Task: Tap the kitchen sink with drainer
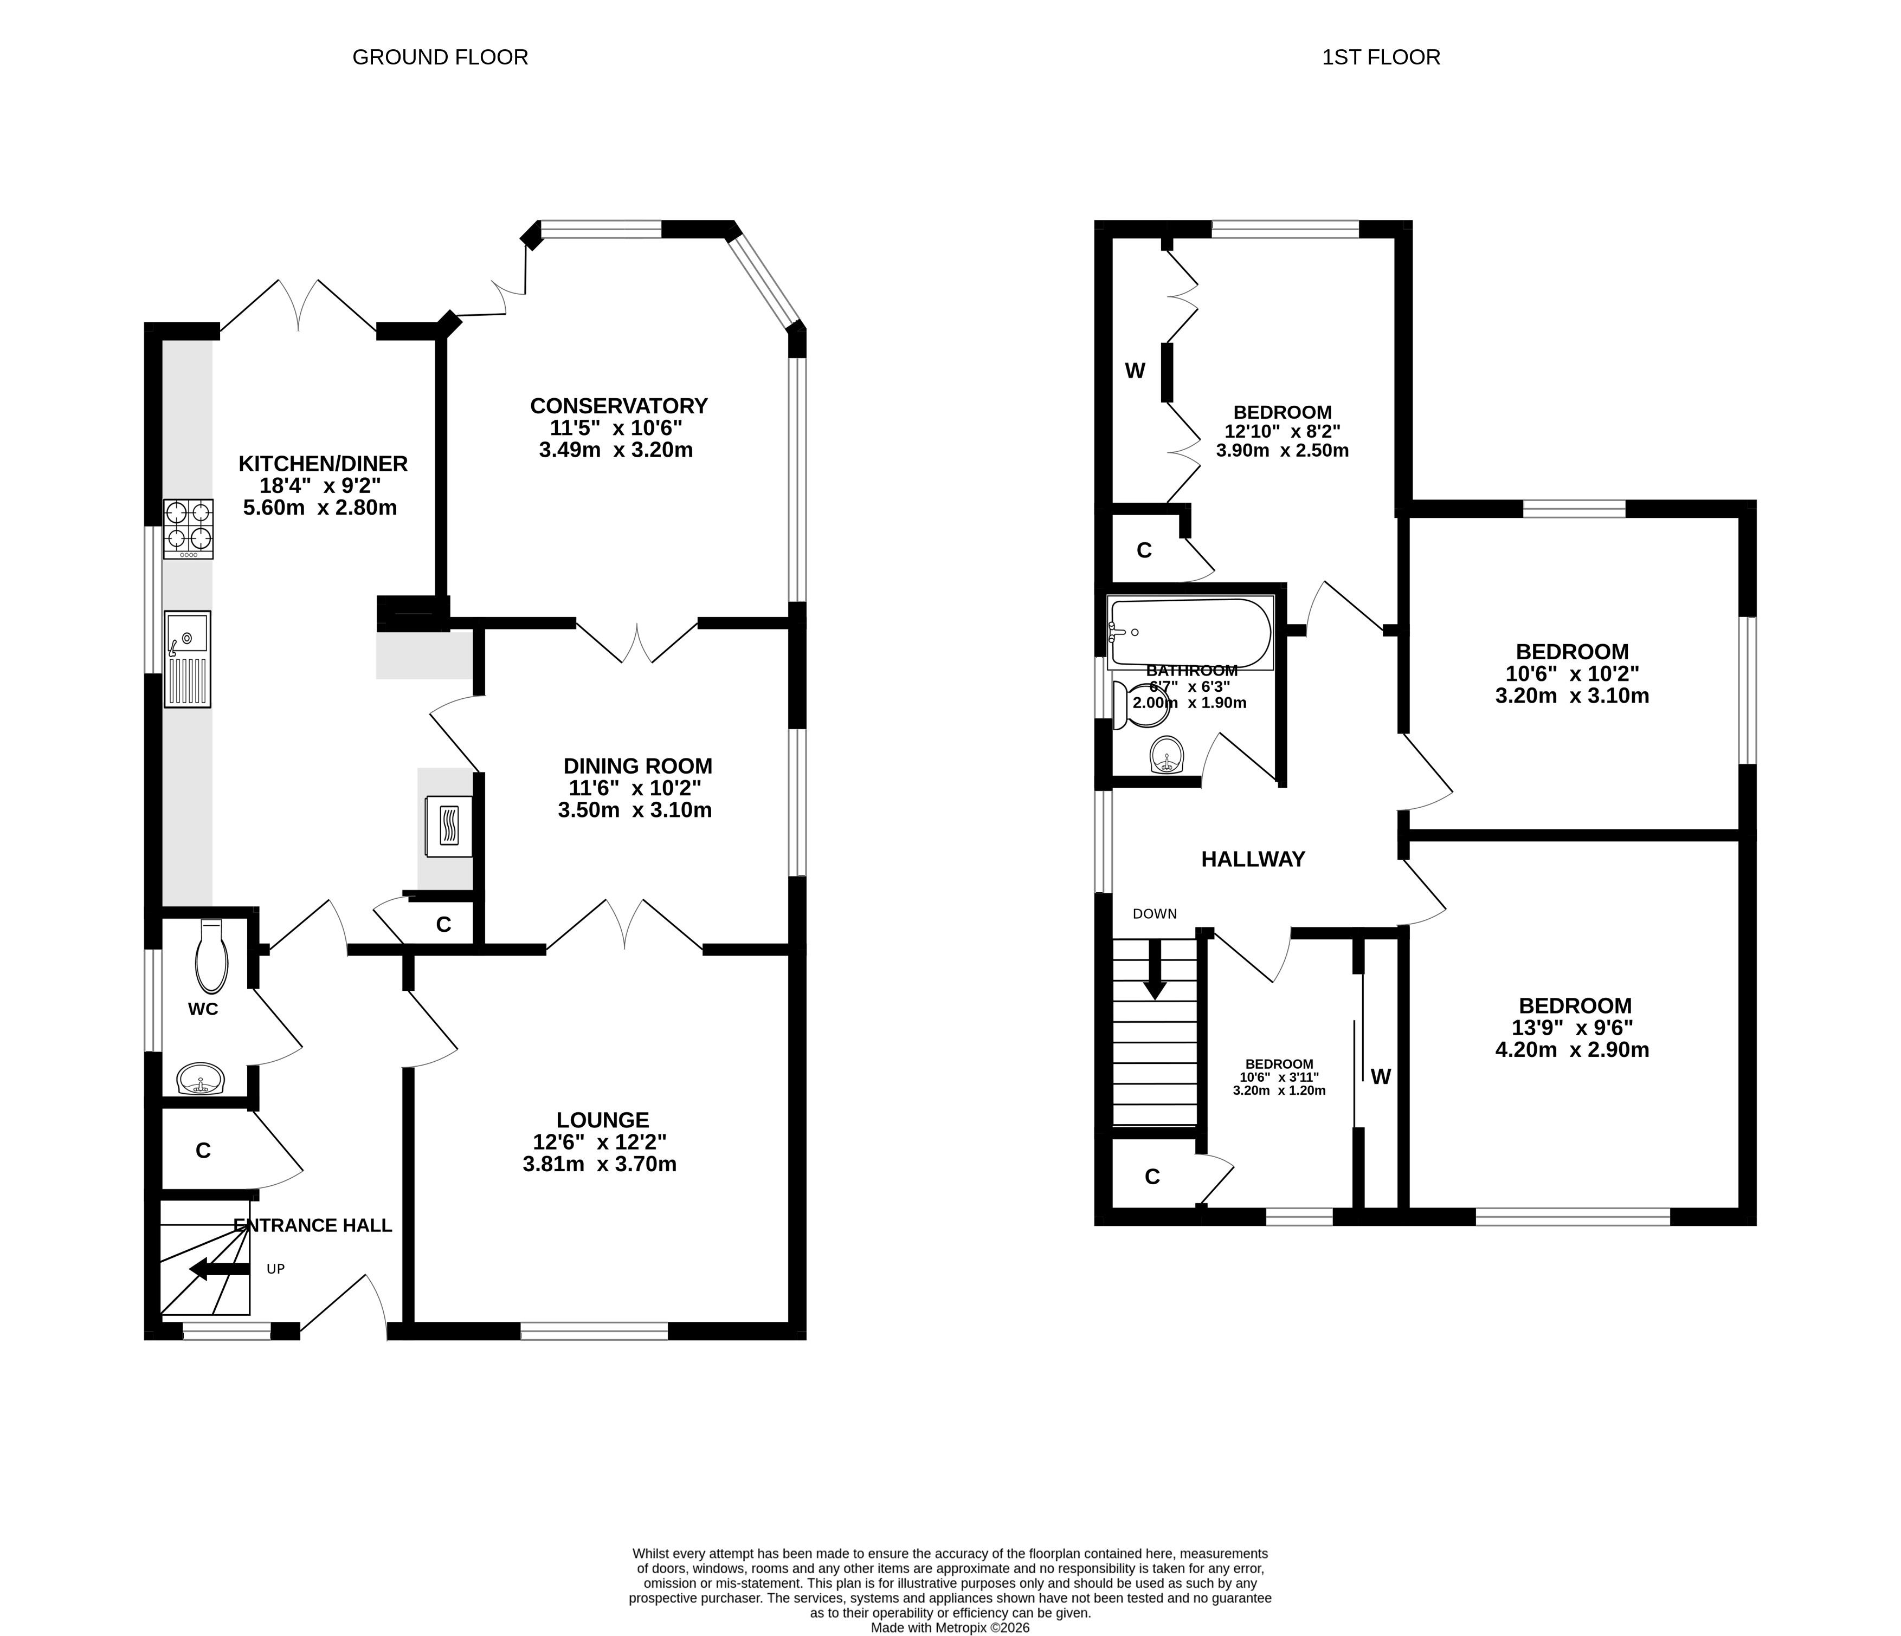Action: pos(187,659)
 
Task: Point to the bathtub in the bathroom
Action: pos(1191,633)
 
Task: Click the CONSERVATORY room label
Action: pos(619,405)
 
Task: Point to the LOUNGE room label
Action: pos(603,1120)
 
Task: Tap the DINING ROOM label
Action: pos(637,766)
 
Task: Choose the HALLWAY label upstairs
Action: pos(1253,859)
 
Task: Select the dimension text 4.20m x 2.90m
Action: pos(1573,1050)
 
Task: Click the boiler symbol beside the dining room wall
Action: pos(449,826)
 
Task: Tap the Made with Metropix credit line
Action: pos(951,1628)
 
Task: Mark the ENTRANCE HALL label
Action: pos(313,1225)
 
